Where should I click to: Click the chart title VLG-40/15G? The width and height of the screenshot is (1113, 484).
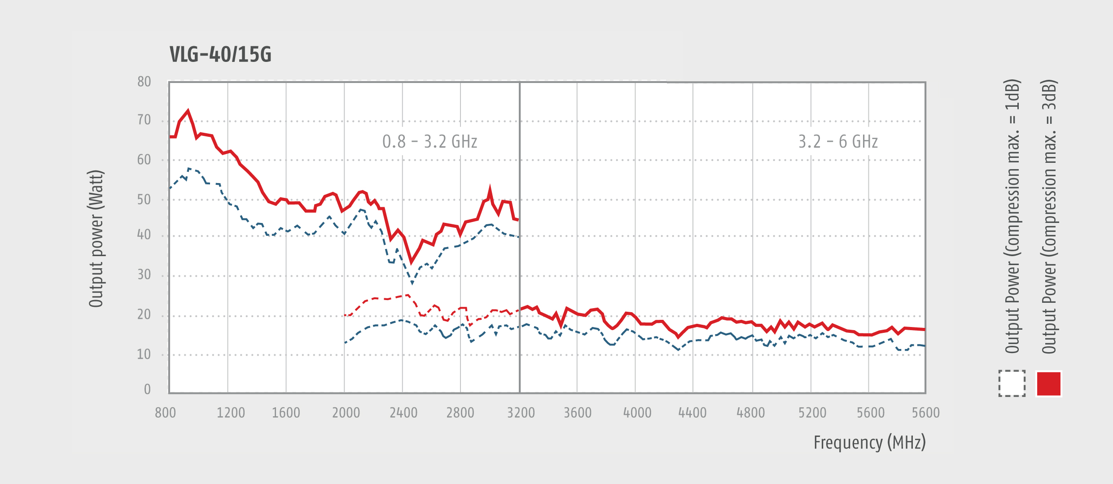click(220, 55)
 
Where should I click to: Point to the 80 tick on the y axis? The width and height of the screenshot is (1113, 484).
click(144, 82)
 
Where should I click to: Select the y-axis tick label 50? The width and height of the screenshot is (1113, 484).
click(144, 200)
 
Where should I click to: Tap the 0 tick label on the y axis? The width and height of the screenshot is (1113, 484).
click(147, 389)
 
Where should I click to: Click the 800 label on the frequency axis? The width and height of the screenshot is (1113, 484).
click(165, 413)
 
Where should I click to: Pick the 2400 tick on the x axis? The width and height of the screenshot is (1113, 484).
click(403, 413)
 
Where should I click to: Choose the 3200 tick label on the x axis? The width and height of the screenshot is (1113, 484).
click(521, 413)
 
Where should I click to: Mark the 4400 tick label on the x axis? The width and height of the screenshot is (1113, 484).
click(692, 413)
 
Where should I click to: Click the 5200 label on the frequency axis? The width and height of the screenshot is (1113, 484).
click(812, 413)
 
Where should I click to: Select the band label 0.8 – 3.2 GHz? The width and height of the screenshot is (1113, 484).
click(429, 142)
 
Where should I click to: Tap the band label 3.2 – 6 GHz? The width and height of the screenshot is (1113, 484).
click(837, 142)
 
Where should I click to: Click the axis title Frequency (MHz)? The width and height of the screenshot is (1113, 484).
click(869, 442)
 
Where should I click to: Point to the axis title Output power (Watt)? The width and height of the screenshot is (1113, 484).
click(96, 239)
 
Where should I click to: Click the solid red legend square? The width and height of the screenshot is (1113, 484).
click(1049, 384)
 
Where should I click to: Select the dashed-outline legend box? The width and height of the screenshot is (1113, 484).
click(1012, 384)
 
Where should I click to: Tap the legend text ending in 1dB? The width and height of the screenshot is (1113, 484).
click(1012, 216)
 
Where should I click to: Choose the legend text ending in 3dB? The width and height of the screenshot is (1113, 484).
click(1049, 216)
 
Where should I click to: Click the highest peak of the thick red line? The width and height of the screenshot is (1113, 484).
click(188, 111)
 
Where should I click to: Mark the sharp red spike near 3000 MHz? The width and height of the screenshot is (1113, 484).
click(490, 190)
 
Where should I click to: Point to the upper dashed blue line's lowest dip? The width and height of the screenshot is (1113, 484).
click(412, 283)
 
